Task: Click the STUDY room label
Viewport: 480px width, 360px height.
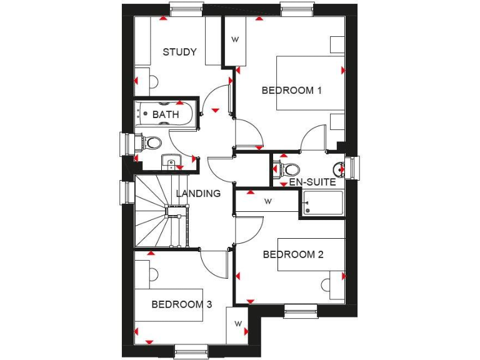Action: click(x=179, y=52)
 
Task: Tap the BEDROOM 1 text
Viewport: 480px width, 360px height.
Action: click(x=291, y=90)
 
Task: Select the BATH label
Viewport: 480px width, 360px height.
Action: click(x=166, y=114)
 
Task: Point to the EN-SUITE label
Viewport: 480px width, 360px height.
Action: click(x=312, y=182)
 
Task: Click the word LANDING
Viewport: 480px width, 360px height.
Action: click(x=198, y=193)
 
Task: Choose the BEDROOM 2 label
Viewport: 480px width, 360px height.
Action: click(x=292, y=254)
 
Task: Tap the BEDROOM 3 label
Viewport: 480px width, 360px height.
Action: click(x=181, y=304)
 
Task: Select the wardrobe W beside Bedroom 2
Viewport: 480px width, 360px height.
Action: click(x=267, y=201)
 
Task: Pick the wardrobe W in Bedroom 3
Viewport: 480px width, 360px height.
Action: click(x=238, y=324)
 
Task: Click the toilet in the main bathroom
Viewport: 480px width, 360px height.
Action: click(x=150, y=143)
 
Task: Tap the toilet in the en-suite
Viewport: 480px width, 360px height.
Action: click(x=289, y=169)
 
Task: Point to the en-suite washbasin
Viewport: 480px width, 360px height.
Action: click(x=338, y=167)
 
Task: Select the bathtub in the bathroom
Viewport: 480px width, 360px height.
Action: click(x=166, y=114)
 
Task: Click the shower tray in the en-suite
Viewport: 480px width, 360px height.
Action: click(x=323, y=204)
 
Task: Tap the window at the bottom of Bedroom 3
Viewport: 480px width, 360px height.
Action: click(x=191, y=351)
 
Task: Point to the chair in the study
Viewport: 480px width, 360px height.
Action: click(x=151, y=81)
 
